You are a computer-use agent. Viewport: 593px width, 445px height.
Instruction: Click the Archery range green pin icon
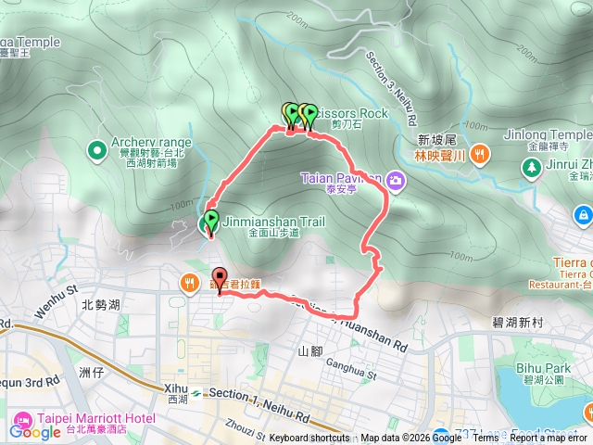coord(96,149)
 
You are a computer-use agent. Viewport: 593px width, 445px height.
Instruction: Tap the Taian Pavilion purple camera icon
coord(396,178)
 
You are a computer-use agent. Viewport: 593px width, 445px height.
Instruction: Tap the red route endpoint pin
coord(220,277)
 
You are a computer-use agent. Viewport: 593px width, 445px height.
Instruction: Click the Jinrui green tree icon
coord(532,168)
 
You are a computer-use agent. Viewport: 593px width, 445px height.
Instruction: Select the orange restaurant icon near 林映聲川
coord(480,154)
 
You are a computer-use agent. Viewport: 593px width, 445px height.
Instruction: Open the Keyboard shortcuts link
coord(309,438)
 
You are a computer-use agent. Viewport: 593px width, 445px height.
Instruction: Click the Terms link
coord(485,438)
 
